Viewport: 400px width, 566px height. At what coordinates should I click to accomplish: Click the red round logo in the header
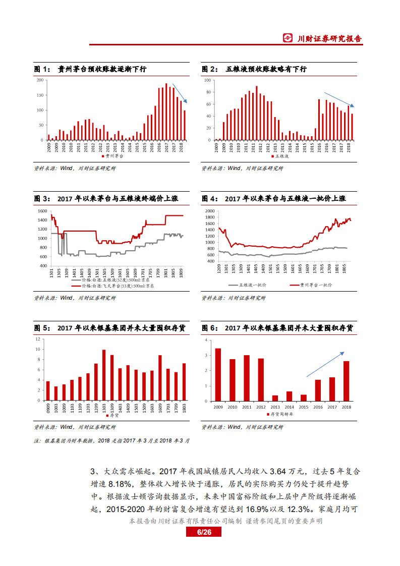288,38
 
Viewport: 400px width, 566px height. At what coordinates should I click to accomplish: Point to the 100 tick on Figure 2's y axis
207,80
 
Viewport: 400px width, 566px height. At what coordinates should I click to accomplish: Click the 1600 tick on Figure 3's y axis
42,210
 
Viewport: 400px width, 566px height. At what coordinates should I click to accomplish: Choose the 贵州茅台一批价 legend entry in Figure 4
313,285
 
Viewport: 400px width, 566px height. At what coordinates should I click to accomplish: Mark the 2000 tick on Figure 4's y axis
209,210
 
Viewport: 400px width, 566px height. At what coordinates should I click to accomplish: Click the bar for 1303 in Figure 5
104,375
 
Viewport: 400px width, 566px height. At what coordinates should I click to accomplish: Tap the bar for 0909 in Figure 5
48,390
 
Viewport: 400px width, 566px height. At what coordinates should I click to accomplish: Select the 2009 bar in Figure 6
218,374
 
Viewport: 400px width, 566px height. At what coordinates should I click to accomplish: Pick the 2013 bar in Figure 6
275,398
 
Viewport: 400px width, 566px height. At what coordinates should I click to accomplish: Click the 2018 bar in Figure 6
346,381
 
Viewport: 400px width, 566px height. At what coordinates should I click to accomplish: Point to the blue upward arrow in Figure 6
325,364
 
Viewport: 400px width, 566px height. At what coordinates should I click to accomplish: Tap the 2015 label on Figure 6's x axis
303,406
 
